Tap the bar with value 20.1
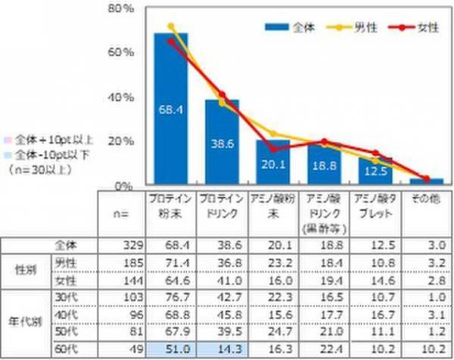pyautogui.click(x=273, y=163)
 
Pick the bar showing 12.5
pyautogui.click(x=376, y=171)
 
